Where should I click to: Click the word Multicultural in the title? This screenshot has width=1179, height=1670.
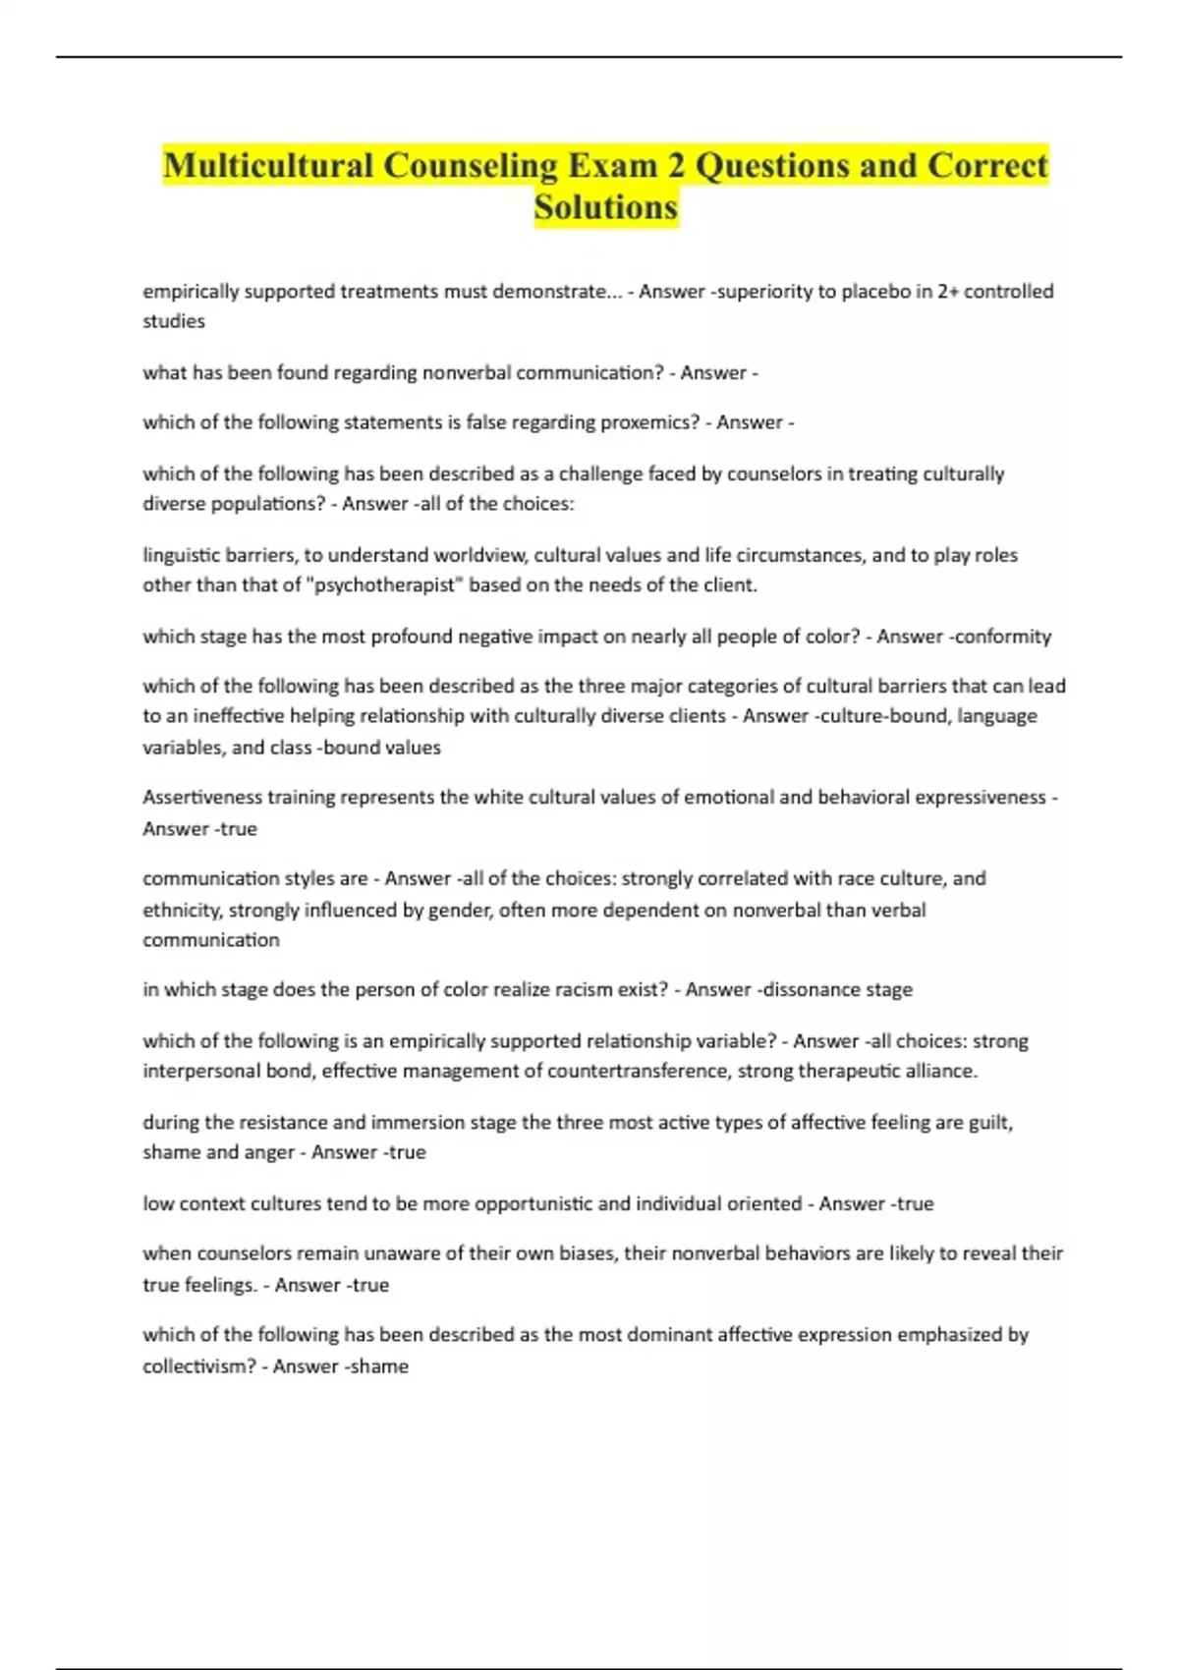[x=267, y=166]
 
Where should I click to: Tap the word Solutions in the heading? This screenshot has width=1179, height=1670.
[x=606, y=207]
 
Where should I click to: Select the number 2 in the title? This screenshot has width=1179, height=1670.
[x=676, y=166]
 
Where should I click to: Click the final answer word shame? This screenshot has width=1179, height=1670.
[x=379, y=1366]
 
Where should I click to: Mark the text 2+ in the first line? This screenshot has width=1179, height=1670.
[x=947, y=292]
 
